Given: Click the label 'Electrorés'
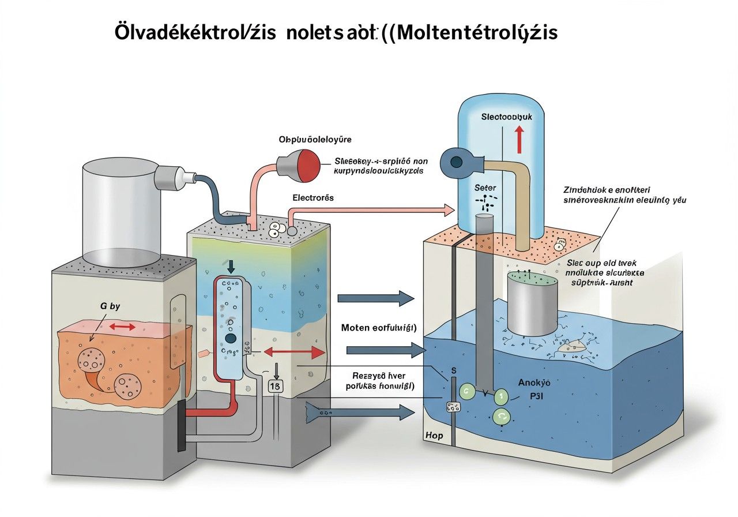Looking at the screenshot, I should pyautogui.click(x=313, y=198).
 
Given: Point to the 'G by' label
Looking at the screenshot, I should pyautogui.click(x=110, y=306).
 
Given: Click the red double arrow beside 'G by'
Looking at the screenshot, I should pyautogui.click(x=123, y=327).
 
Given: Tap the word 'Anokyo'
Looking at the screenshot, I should pyautogui.click(x=534, y=382).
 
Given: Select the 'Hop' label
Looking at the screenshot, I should pyautogui.click(x=434, y=435).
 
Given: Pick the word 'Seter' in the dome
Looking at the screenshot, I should pyautogui.click(x=485, y=188).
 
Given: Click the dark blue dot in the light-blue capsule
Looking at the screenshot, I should pyautogui.click(x=231, y=338).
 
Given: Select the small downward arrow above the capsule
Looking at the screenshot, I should pyautogui.click(x=231, y=266).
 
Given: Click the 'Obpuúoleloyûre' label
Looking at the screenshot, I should pyautogui.click(x=315, y=140).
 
